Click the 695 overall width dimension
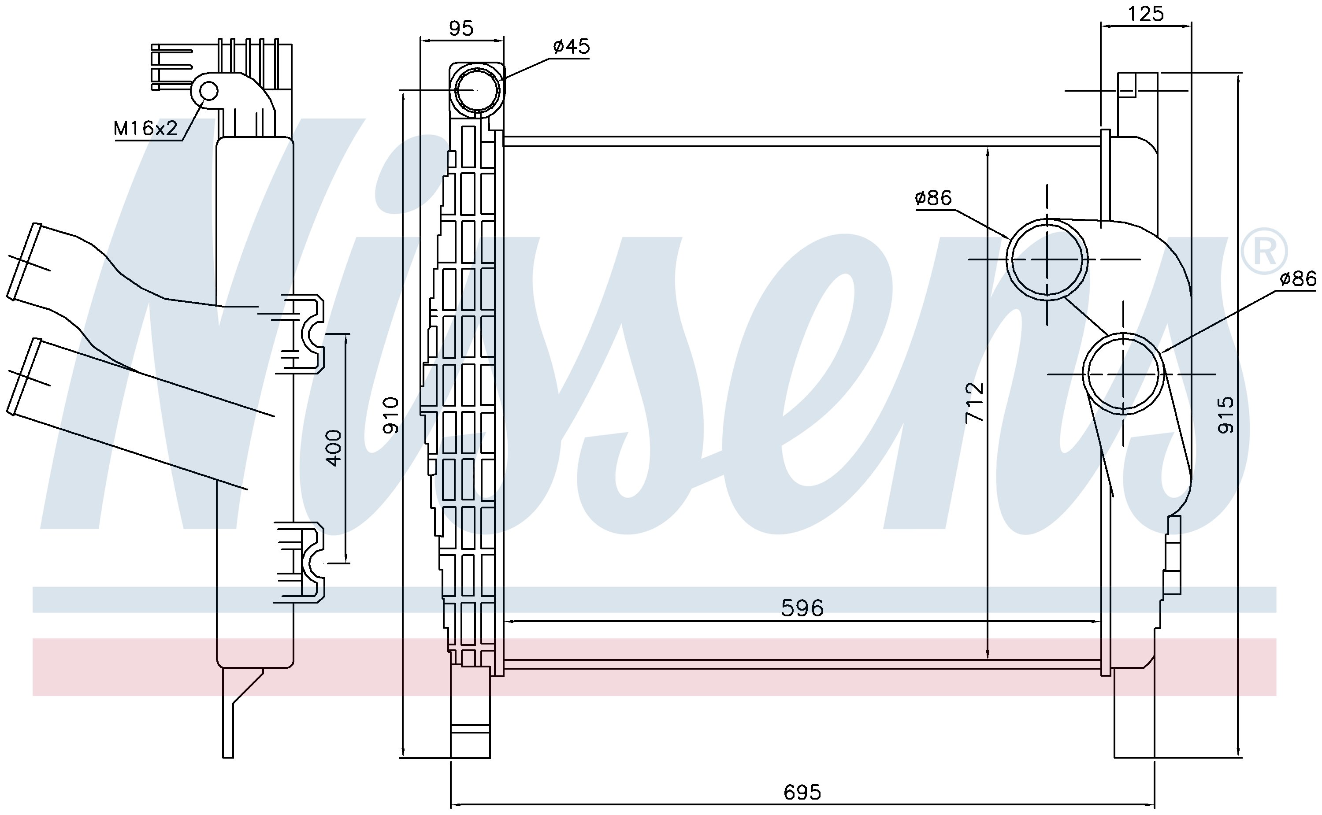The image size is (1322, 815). (x=802, y=792)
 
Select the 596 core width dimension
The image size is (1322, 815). (x=802, y=608)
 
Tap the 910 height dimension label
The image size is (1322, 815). (x=390, y=415)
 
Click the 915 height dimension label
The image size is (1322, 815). (x=1225, y=415)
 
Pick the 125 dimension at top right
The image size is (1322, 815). (x=1146, y=14)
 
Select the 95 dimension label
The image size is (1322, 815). (x=461, y=28)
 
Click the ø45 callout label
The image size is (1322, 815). (x=572, y=46)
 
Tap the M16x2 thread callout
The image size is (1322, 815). (x=145, y=128)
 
